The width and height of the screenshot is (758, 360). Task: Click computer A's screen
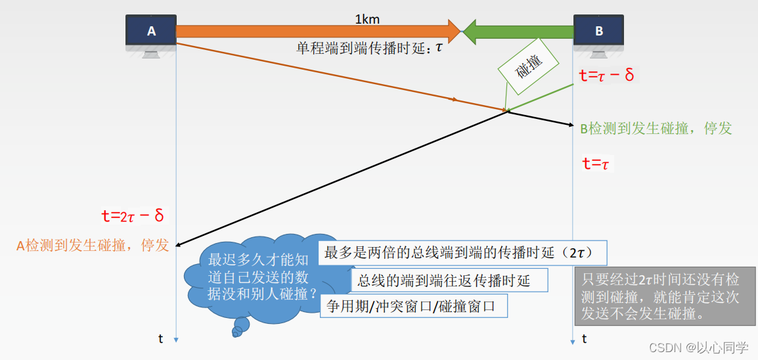[x=151, y=30]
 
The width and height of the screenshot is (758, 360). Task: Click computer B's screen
[x=598, y=30]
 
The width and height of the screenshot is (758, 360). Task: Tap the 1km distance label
[x=367, y=19]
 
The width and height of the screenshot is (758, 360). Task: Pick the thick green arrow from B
[x=519, y=30]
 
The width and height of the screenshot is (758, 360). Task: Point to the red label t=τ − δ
[x=606, y=75]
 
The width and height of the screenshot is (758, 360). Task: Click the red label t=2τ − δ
[x=132, y=215]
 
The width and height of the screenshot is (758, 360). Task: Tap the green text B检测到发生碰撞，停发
[x=656, y=128]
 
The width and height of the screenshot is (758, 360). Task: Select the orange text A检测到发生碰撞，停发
[x=93, y=245]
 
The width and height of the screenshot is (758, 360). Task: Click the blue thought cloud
[x=256, y=276]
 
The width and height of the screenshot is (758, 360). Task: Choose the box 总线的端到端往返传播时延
[x=450, y=281]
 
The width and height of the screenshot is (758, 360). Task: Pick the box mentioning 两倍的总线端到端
[x=462, y=252]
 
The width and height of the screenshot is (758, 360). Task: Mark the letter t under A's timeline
[x=161, y=339]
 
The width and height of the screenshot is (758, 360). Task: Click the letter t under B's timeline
[x=584, y=339]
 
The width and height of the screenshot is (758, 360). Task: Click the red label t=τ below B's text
[x=596, y=164]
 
